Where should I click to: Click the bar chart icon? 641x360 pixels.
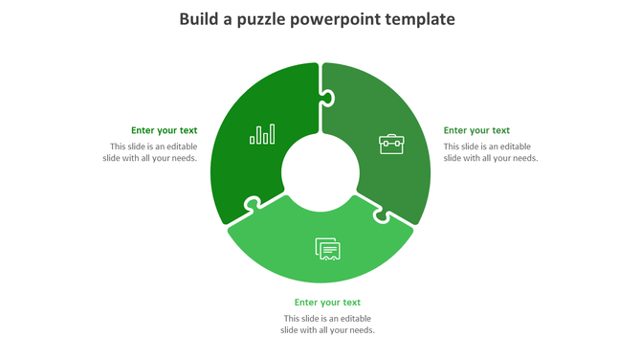pos(262,134)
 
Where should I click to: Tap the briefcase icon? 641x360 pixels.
pos(391,145)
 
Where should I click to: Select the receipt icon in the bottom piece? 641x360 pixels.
pos(328,249)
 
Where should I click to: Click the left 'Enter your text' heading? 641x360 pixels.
pos(165,130)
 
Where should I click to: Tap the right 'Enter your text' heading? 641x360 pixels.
pos(476,130)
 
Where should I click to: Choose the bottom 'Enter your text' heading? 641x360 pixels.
pos(327,303)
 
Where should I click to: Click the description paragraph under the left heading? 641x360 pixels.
pos(153,152)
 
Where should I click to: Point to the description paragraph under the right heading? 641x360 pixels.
pos(491,152)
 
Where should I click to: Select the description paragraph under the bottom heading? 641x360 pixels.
pos(327,325)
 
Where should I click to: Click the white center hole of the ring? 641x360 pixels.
pos(320,172)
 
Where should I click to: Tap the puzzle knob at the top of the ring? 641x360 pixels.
pos(327,97)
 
